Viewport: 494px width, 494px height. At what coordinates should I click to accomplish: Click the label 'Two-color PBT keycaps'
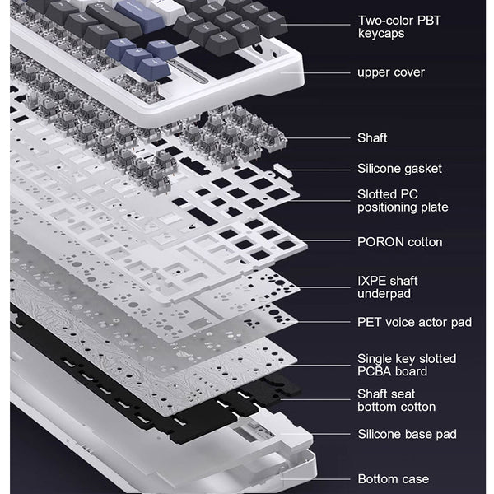tap(399, 27)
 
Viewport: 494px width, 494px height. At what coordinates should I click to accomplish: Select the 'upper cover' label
tap(391, 72)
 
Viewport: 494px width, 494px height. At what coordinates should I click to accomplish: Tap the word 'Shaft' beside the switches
tap(372, 137)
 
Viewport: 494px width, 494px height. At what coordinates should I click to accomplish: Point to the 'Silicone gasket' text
tap(399, 169)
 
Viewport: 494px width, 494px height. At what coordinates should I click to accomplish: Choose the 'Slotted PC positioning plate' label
tap(403, 201)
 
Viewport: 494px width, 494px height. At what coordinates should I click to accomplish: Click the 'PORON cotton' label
tap(400, 242)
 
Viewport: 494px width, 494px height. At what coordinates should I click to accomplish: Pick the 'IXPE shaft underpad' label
tap(388, 287)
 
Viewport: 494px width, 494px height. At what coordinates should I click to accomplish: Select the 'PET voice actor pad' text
tap(414, 322)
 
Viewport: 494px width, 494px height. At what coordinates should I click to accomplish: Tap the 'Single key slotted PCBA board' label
tap(407, 365)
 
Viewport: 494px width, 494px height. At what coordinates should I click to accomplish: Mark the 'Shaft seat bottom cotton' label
tap(396, 400)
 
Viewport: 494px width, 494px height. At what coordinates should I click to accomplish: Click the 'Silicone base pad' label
tap(407, 434)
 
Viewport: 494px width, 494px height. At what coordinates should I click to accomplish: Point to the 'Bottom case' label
tap(394, 479)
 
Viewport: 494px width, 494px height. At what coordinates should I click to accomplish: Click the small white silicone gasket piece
tap(282, 170)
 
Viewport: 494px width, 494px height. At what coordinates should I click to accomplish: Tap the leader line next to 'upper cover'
tap(315, 72)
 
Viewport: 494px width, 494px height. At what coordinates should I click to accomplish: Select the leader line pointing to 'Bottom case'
tap(315, 479)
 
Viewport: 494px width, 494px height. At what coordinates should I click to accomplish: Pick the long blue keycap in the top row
tap(141, 15)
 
